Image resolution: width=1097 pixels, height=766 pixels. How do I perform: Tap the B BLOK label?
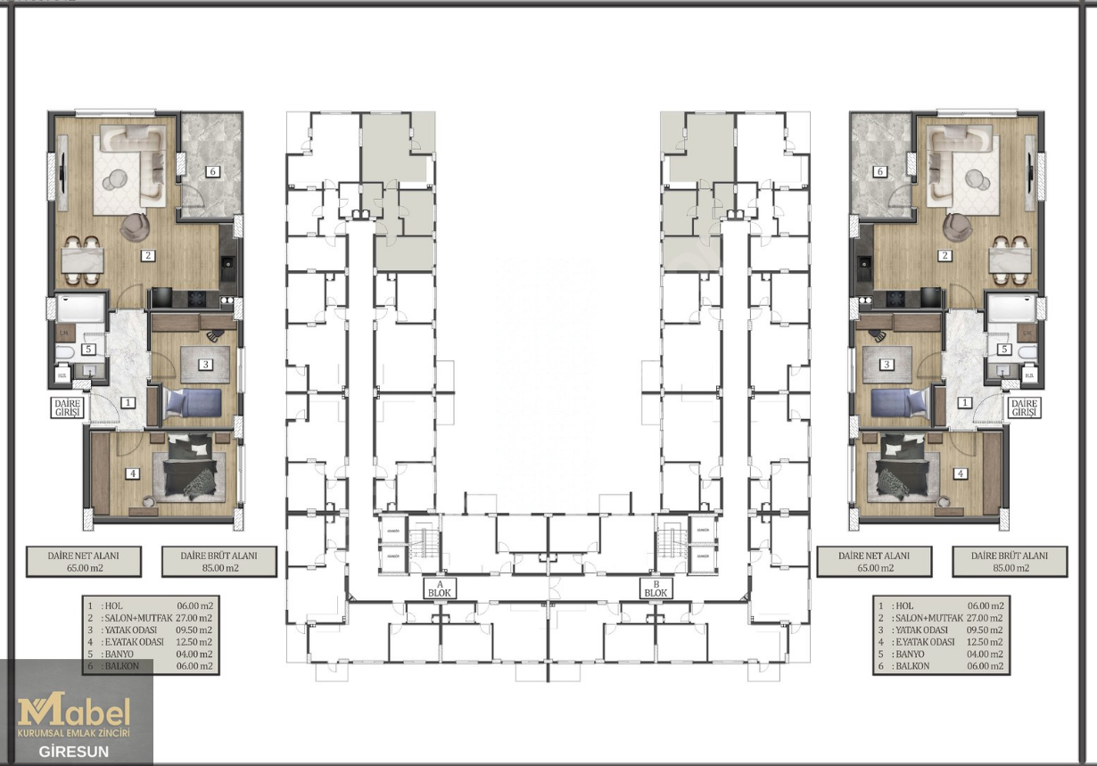(656, 588)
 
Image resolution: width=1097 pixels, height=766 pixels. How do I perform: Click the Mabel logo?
(75, 712)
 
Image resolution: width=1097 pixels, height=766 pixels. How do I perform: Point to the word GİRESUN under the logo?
(74, 751)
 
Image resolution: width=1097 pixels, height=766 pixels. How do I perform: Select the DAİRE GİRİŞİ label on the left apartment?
(67, 408)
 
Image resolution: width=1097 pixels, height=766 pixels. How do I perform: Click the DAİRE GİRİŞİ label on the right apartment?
(1024, 408)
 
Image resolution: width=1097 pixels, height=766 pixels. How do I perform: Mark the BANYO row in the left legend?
(150, 654)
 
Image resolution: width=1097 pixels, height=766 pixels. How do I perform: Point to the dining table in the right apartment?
(1011, 259)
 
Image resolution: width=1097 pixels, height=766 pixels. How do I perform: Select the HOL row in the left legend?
(150, 605)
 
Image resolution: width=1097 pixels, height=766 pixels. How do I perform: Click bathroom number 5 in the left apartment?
(88, 350)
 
